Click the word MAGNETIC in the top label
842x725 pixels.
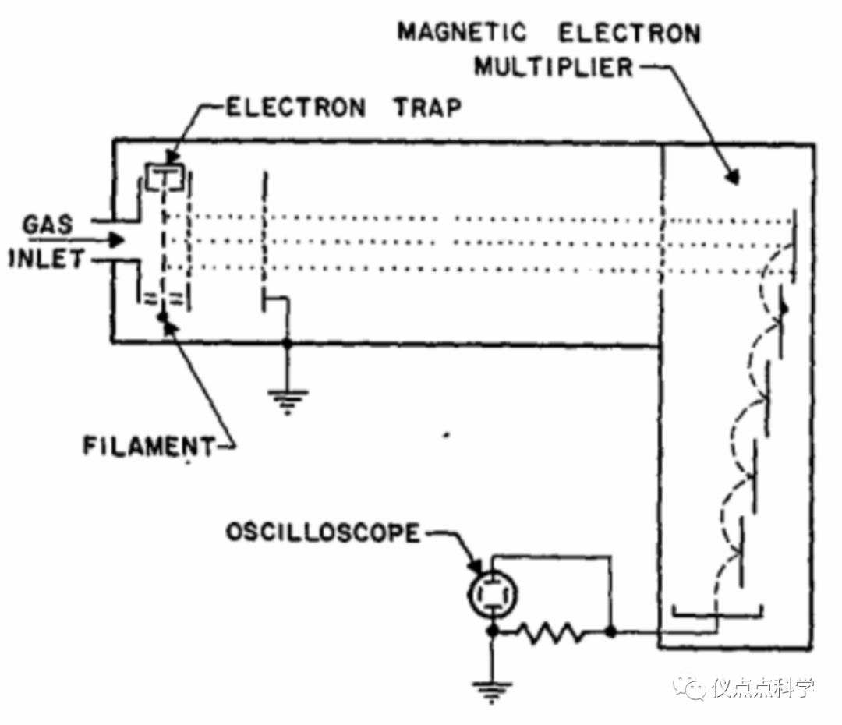click(462, 33)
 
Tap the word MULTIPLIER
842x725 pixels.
click(554, 68)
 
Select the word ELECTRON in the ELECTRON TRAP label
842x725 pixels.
click(295, 107)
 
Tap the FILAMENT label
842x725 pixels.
click(148, 447)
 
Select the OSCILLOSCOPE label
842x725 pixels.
click(322, 533)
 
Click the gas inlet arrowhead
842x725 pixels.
click(115, 240)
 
